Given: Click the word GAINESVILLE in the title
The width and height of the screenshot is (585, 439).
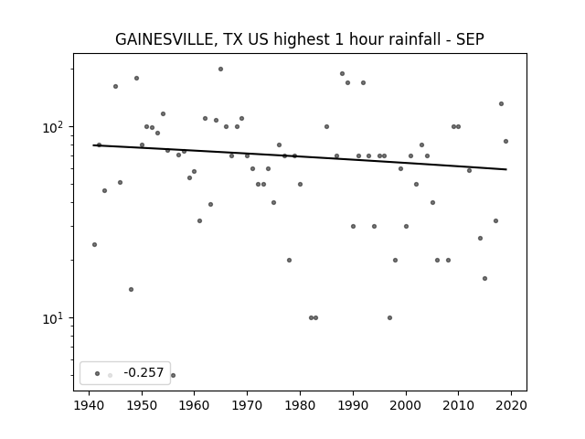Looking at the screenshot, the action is click(x=165, y=39).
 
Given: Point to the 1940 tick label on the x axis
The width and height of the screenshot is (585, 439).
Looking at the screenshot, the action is click(x=89, y=405).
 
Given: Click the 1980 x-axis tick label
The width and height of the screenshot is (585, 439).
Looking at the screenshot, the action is click(x=300, y=405).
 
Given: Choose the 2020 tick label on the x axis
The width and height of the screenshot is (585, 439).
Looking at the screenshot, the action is click(x=511, y=405).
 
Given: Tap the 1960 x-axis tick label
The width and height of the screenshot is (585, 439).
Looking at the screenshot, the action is click(x=195, y=405).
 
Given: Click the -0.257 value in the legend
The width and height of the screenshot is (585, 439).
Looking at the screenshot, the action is click(x=144, y=372).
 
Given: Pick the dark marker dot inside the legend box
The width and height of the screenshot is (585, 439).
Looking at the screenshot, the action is click(x=98, y=373).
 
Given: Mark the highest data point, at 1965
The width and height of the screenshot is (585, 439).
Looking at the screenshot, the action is click(x=220, y=70).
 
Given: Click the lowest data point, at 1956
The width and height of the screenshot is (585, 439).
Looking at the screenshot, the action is click(x=173, y=375).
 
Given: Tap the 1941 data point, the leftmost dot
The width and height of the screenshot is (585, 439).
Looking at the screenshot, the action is click(x=94, y=244).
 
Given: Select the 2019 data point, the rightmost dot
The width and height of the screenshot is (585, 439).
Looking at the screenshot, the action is click(x=505, y=141).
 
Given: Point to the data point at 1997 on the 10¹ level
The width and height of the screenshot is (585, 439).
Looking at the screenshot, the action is click(x=390, y=317).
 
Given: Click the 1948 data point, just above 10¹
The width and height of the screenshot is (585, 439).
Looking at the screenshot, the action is click(x=131, y=289).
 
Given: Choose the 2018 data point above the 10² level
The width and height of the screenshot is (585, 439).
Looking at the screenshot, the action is click(x=501, y=103).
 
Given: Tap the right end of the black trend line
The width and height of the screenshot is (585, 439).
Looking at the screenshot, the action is click(x=506, y=169).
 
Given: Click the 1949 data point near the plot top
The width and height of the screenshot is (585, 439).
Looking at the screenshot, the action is click(x=136, y=78).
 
